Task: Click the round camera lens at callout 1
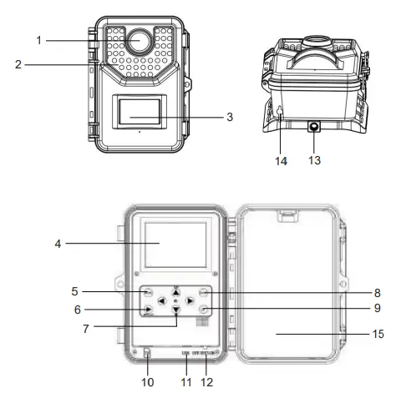point(139,41)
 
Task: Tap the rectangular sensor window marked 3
point(139,111)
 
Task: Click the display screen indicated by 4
point(175,244)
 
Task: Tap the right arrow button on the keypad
point(190,299)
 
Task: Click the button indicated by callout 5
point(147,294)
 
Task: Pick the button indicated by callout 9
point(205,310)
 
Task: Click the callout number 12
point(206,383)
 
